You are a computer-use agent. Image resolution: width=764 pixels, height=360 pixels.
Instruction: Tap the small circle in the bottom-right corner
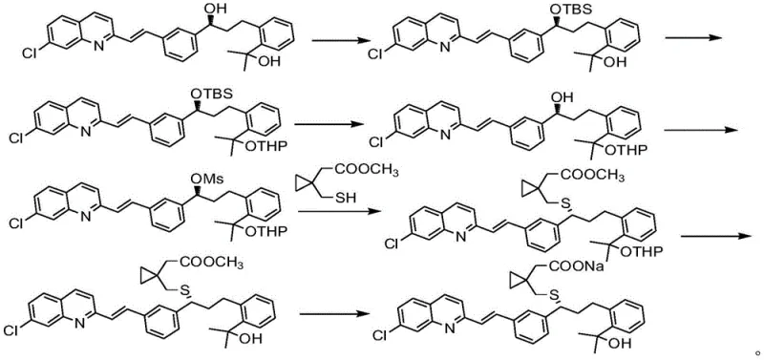[x=757, y=353]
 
